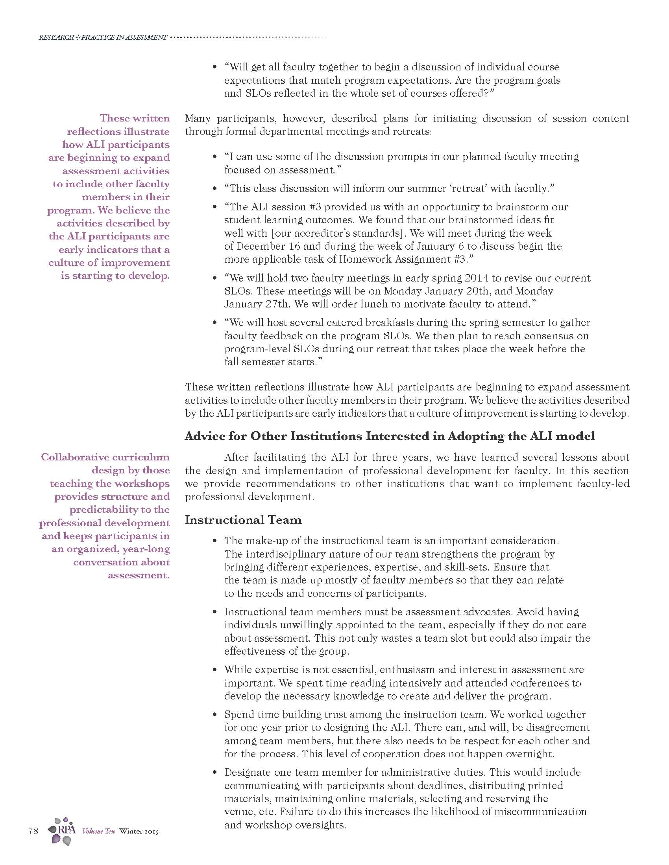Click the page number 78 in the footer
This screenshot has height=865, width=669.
click(33, 830)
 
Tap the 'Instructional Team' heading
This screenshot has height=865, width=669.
click(243, 520)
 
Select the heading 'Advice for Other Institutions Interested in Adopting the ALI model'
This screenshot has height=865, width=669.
click(390, 436)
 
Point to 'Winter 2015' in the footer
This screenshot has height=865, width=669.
click(139, 831)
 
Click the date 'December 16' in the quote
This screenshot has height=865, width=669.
click(268, 246)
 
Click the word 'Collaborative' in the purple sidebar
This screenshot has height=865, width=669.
click(75, 457)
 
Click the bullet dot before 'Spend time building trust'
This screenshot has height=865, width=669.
click(215, 715)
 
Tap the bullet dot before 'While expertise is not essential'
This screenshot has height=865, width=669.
click(215, 670)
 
